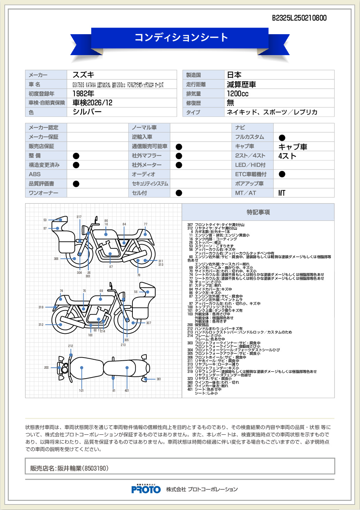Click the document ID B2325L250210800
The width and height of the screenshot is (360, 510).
pyautogui.click(x=299, y=18)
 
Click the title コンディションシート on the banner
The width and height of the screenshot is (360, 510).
pyautogui.click(x=181, y=37)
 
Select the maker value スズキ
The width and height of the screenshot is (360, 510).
pyautogui.click(x=83, y=75)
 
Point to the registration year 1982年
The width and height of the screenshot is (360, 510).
pyautogui.click(x=83, y=93)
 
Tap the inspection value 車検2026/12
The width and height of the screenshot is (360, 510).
pyautogui.click(x=92, y=103)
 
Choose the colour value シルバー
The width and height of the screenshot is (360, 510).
pyautogui.click(x=87, y=112)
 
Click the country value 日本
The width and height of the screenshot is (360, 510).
pyautogui.click(x=234, y=75)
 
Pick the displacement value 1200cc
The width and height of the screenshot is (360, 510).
pyautogui.click(x=238, y=93)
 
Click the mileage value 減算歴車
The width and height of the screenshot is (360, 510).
pyautogui.click(x=241, y=84)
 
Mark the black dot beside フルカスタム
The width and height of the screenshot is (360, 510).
pyautogui.click(x=282, y=137)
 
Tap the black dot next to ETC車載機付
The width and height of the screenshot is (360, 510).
pyautogui.click(x=282, y=174)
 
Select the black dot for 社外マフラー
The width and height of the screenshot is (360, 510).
pyautogui.click(x=179, y=156)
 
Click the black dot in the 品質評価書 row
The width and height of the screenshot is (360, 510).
pyautogui.click(x=76, y=184)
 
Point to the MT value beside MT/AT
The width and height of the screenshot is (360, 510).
pyautogui.click(x=282, y=193)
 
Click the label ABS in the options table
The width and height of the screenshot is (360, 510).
pyautogui.click(x=35, y=174)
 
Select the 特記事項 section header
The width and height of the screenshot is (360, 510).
pyautogui.click(x=258, y=212)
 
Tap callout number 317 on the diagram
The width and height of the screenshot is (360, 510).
pyautogui.click(x=79, y=217)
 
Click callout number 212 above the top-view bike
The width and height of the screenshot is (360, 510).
pyautogui.click(x=71, y=346)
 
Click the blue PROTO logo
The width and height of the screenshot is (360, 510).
pyautogui.click(x=146, y=489)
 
